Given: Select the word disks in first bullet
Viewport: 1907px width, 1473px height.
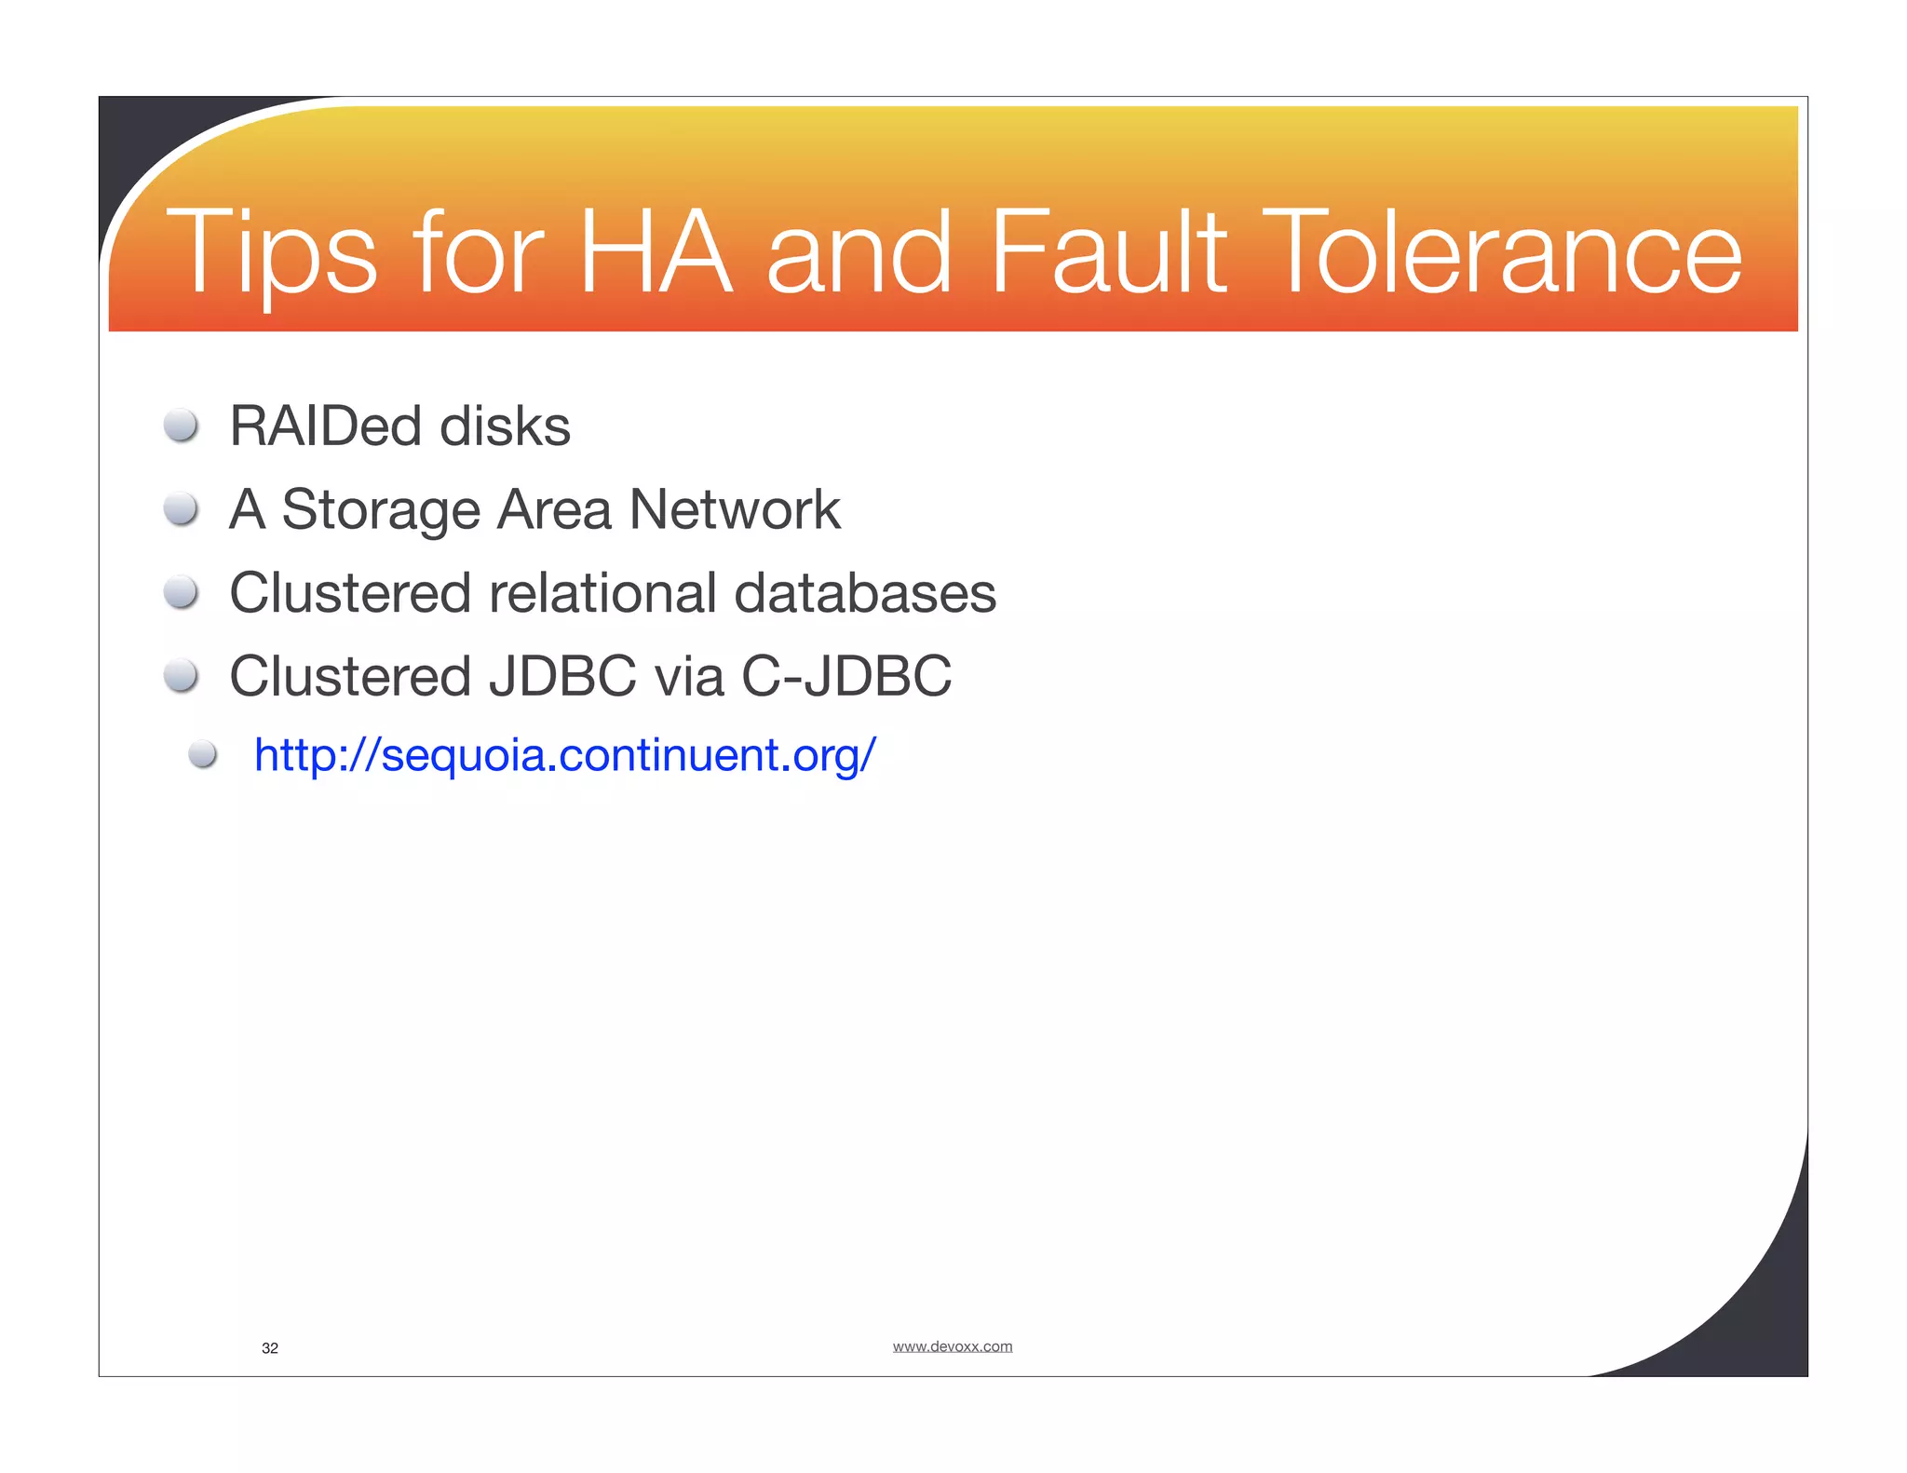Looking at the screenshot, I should tap(504, 426).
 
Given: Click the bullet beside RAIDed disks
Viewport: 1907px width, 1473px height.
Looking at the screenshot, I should tap(181, 426).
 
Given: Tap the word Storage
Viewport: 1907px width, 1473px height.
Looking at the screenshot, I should tap(381, 510).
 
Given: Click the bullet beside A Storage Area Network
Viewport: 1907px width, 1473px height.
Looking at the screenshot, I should tap(181, 509).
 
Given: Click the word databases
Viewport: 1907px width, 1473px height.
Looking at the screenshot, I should tap(865, 593).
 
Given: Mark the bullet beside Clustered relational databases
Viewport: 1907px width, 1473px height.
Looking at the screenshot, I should tap(181, 592).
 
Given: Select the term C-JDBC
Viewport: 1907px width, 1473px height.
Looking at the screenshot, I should tap(846, 676).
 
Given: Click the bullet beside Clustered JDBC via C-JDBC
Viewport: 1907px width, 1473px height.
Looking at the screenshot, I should tap(181, 676).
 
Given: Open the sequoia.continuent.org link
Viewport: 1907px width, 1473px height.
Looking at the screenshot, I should tap(564, 754).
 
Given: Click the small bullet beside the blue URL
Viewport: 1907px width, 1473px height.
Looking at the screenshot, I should tap(203, 754).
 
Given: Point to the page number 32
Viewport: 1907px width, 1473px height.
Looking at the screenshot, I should tap(270, 1348).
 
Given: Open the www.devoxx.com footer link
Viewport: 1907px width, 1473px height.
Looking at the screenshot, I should tap(952, 1346).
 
